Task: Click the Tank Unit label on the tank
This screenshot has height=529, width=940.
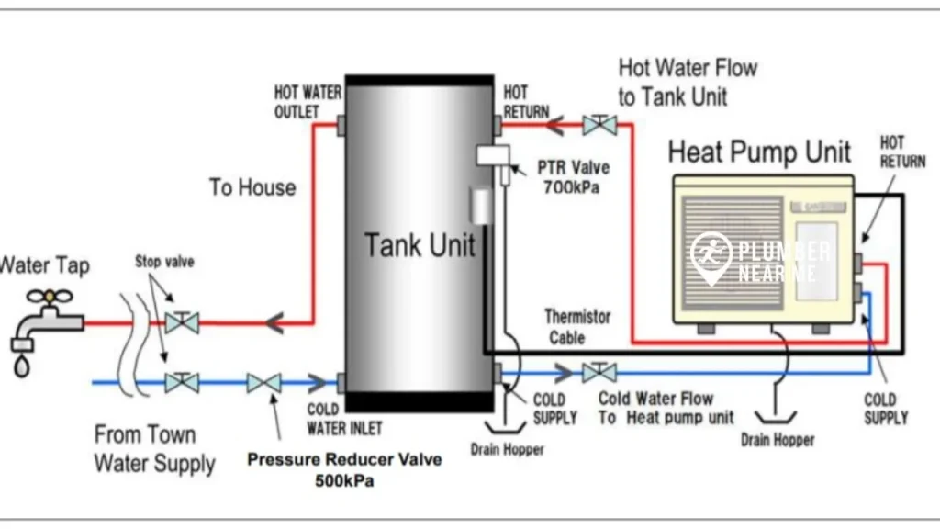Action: click(x=420, y=245)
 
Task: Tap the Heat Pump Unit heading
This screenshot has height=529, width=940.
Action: click(x=759, y=152)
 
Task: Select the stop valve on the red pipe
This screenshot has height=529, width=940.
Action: click(x=182, y=322)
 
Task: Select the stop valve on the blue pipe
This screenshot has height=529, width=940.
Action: click(x=182, y=381)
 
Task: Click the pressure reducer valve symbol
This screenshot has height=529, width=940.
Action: click(x=263, y=382)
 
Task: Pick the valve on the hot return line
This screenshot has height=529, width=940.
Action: click(x=600, y=124)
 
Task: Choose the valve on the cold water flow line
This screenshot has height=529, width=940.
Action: click(x=599, y=372)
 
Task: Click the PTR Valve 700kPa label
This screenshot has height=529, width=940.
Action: click(x=573, y=178)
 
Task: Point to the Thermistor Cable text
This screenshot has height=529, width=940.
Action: click(x=577, y=327)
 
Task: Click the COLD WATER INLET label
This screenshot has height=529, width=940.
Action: click(x=344, y=419)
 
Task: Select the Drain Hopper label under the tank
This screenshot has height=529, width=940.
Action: click(x=507, y=450)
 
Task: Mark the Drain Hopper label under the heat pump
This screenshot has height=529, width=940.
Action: click(x=777, y=440)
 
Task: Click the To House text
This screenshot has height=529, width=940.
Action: click(x=252, y=187)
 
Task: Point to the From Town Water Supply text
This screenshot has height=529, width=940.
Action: click(x=152, y=448)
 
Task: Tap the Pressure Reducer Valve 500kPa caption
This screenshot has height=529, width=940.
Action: click(x=344, y=469)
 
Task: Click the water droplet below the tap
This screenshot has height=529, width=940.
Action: click(x=22, y=366)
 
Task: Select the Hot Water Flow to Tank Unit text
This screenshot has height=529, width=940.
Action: click(x=688, y=82)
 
